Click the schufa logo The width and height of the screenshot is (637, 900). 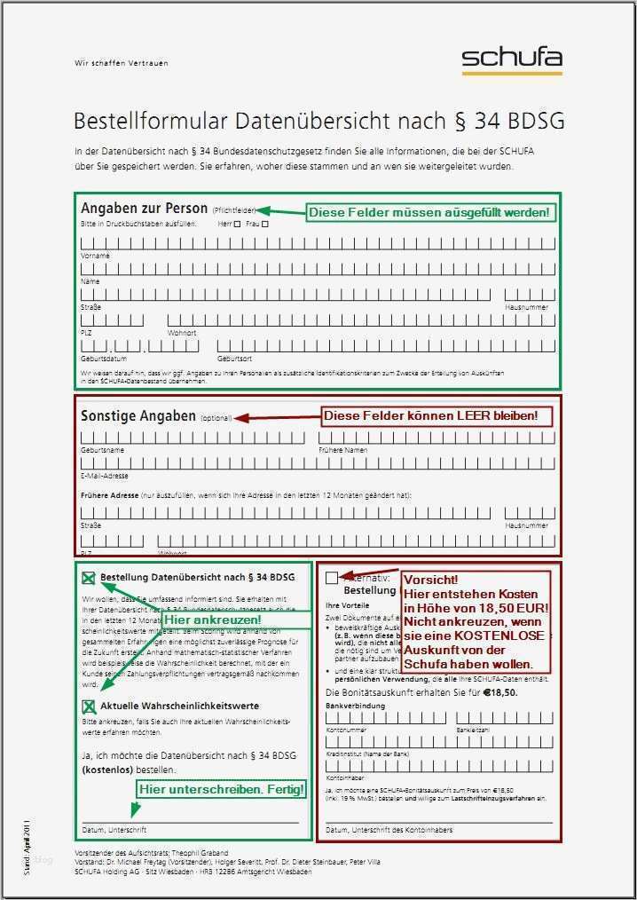tap(511, 59)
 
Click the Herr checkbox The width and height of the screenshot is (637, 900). tap(237, 225)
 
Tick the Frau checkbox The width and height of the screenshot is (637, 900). tap(264, 225)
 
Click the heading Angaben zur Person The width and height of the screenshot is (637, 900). tap(144, 209)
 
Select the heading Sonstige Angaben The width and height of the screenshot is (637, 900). tap(138, 415)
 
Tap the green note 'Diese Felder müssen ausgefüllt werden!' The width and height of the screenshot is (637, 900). tap(429, 213)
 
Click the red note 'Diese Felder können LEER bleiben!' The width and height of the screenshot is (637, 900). tap(430, 415)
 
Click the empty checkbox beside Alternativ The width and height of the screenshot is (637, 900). tap(331, 578)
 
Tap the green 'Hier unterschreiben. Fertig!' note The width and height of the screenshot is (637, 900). tap(222, 788)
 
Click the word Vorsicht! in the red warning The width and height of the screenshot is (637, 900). tap(430, 580)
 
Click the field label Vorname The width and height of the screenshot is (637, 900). tap(95, 256)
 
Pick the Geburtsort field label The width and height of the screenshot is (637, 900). tap(234, 359)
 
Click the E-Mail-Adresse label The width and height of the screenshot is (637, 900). tap(104, 476)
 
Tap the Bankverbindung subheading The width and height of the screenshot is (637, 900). tap(355, 706)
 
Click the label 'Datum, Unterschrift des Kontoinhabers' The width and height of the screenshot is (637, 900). tap(389, 830)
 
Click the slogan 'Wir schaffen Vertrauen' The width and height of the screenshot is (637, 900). tap(121, 64)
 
